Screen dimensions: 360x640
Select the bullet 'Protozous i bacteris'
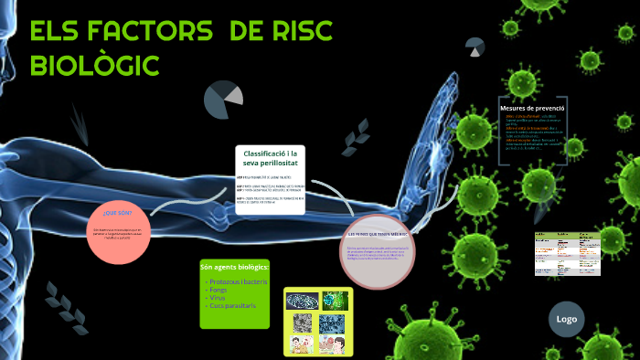coord(238,282)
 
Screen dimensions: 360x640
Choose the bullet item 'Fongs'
coord(219,291)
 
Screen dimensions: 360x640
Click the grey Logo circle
coord(567,319)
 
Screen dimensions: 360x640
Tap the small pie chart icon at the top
coord(475,46)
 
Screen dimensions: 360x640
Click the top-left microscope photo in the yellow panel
coord(303,301)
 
